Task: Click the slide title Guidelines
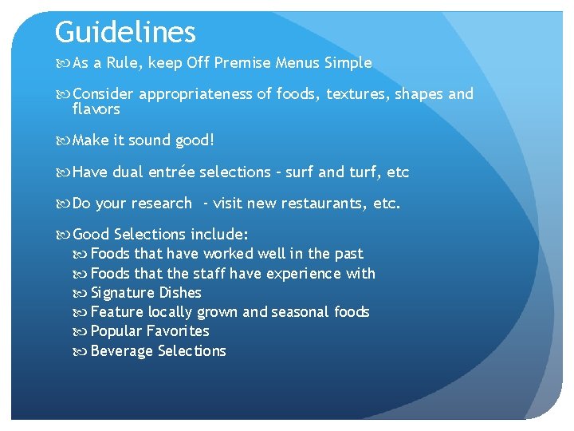tap(125, 33)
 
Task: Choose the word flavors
tap(96, 109)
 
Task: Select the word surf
tap(300, 172)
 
